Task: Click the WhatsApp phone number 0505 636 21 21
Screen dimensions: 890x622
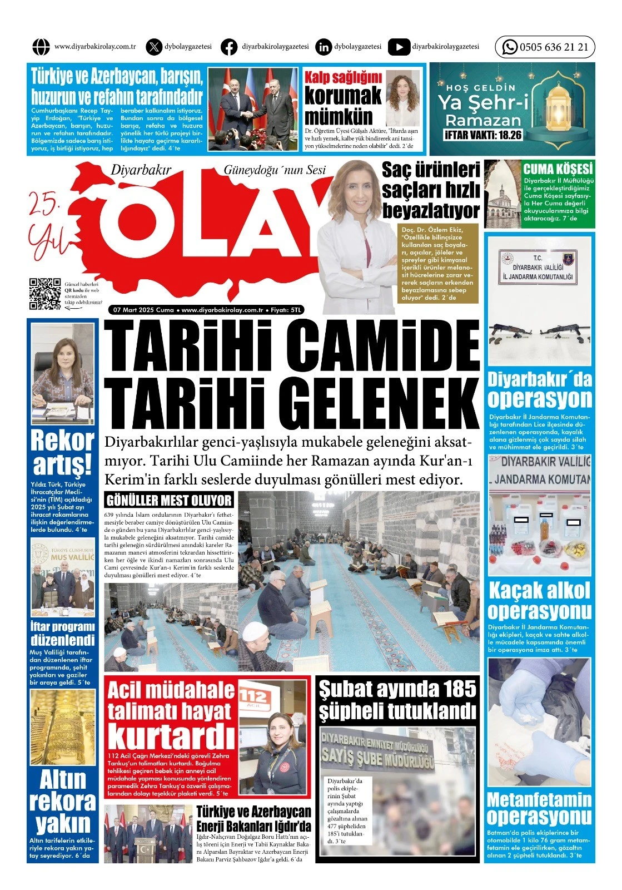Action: [553, 47]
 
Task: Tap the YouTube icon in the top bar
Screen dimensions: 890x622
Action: [399, 47]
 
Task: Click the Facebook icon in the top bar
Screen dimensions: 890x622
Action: [228, 47]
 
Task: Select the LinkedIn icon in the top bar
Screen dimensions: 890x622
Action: [323, 47]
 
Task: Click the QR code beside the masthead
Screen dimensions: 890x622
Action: [44, 293]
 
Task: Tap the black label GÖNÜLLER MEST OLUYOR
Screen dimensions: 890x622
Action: [169, 500]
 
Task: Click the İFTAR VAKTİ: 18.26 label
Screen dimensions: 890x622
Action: [483, 135]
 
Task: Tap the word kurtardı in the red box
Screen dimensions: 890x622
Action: [171, 735]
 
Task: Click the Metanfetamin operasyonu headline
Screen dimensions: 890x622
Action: [539, 808]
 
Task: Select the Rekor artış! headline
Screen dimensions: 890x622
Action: [62, 452]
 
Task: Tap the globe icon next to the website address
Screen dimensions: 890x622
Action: [41, 47]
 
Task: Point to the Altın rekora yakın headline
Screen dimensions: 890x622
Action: [62, 801]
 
